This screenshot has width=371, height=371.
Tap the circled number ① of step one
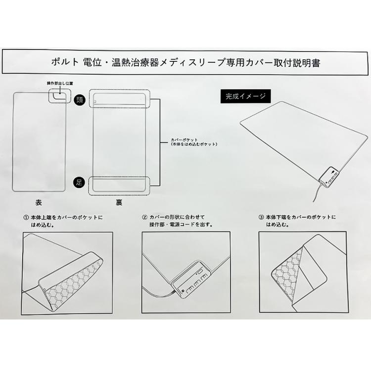coord(25,217)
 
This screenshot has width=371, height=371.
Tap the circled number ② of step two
coord(144,217)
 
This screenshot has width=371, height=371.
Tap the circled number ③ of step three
coord(261,217)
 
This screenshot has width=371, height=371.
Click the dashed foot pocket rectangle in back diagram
coord(119,185)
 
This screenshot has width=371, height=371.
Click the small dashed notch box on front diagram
coord(60,95)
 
